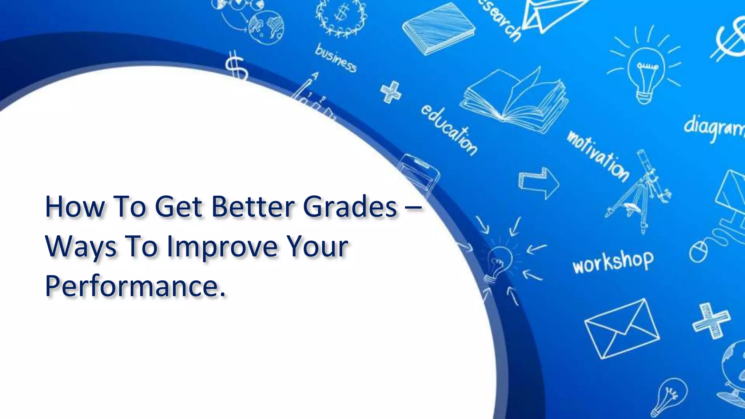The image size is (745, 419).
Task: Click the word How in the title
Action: (x=75, y=207)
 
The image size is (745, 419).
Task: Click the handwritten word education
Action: (x=450, y=129)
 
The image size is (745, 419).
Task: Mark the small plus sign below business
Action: (x=391, y=92)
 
